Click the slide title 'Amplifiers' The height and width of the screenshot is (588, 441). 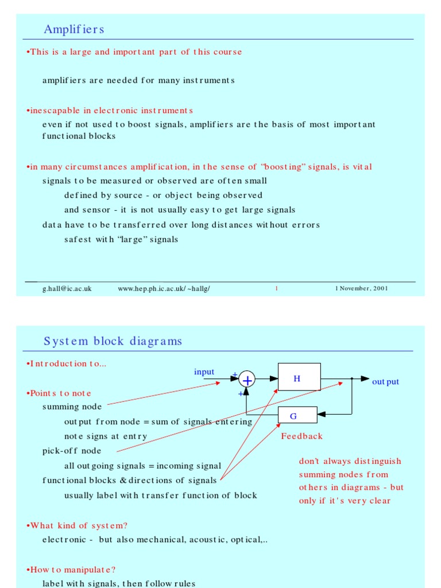click(73, 29)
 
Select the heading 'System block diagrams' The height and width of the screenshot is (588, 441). click(113, 341)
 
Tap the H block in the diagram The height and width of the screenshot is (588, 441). click(299, 378)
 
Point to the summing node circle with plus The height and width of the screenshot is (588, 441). click(247, 380)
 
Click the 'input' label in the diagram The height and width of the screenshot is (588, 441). click(204, 372)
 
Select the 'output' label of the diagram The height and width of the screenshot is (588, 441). click(385, 382)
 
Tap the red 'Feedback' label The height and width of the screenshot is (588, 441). click(301, 436)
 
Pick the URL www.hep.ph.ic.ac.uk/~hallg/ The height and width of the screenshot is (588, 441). click(164, 288)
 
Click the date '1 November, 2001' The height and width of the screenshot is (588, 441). click(361, 288)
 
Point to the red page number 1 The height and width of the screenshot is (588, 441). click(276, 288)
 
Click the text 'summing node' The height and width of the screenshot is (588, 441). click(68, 407)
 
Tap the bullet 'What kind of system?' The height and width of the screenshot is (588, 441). click(78, 525)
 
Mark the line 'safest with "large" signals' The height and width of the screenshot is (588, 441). click(121, 239)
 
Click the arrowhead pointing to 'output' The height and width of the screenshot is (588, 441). click(365, 378)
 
